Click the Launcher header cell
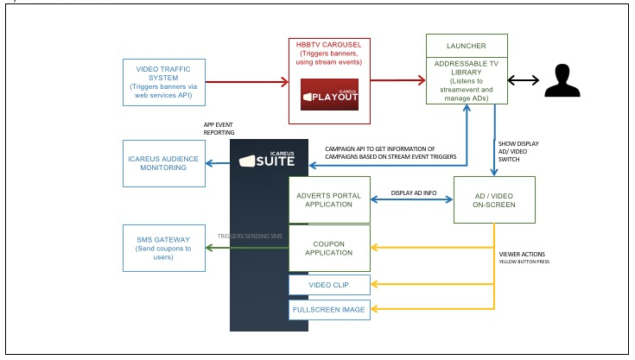click(x=467, y=47)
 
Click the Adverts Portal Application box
click(x=329, y=199)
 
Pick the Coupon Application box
click(x=329, y=249)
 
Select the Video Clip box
click(x=329, y=285)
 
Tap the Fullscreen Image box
click(x=329, y=308)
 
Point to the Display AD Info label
click(x=412, y=193)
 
